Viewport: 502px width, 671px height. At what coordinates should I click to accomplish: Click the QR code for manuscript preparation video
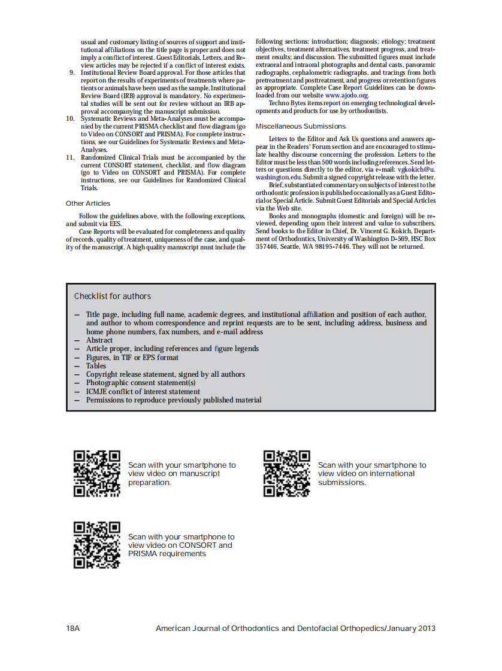[97, 473]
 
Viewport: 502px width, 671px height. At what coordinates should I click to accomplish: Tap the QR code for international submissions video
[287, 473]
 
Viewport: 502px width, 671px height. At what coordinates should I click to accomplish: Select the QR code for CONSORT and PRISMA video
[97, 545]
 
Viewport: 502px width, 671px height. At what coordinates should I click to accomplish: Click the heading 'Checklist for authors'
[113, 296]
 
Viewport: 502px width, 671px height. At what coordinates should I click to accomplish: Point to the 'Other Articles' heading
[88, 203]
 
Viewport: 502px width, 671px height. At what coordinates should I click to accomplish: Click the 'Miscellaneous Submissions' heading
[301, 126]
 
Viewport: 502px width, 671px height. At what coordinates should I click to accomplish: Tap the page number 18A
[73, 629]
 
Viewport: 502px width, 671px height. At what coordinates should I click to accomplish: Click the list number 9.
[72, 72]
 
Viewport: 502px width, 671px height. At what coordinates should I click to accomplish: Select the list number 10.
[70, 118]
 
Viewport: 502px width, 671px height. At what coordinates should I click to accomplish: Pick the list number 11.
[70, 158]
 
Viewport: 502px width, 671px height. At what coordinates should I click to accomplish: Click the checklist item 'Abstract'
[99, 340]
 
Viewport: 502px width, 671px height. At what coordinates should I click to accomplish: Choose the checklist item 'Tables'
[96, 366]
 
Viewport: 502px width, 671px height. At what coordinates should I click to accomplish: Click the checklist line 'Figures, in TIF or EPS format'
[132, 358]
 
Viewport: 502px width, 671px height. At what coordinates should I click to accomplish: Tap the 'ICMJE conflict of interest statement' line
[143, 392]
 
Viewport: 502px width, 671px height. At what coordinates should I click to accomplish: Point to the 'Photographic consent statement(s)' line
[141, 383]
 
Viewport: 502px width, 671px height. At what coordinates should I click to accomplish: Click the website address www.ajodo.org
[347, 95]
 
